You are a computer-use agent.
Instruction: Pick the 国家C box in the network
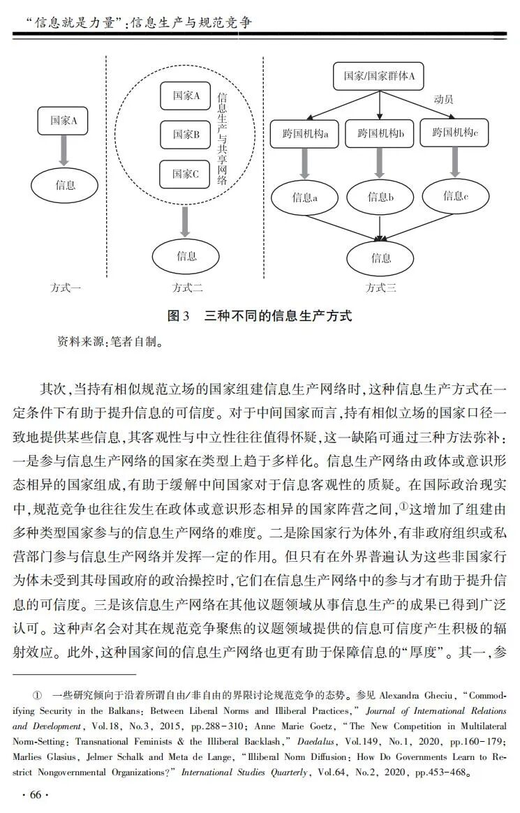(186, 174)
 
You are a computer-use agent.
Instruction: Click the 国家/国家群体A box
(379, 76)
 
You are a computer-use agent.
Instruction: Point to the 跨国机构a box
(305, 133)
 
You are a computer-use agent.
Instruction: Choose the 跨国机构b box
(380, 133)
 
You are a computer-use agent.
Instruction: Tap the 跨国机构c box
(455, 132)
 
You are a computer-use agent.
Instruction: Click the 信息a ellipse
(305, 197)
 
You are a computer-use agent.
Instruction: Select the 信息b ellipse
(380, 197)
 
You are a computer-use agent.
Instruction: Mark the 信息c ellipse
(455, 196)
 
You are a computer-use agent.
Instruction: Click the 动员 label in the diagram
(443, 99)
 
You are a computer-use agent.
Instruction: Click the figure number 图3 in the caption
(179, 315)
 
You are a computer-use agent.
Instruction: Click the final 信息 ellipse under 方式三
(380, 258)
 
